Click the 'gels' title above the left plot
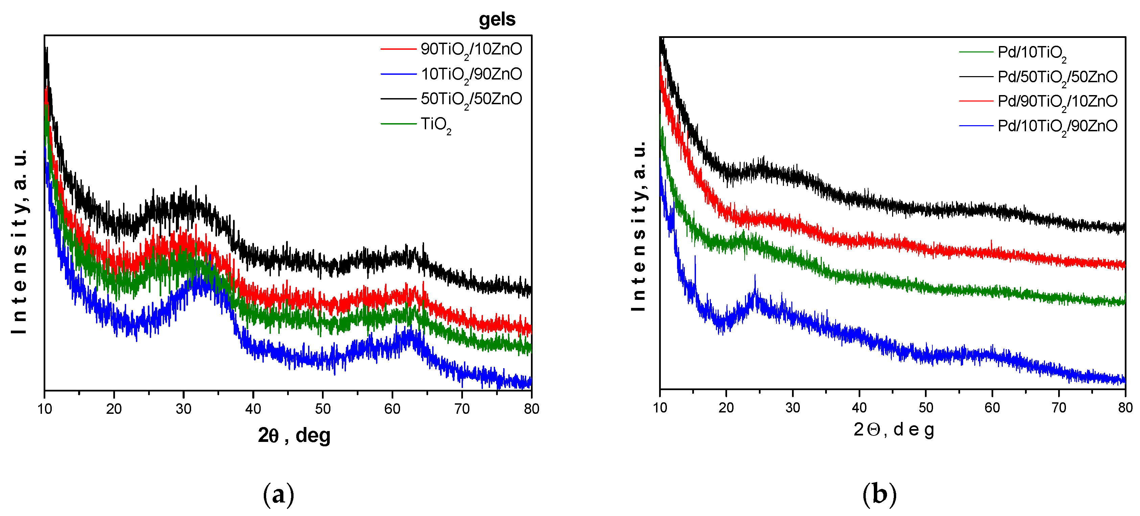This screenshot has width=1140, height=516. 497,20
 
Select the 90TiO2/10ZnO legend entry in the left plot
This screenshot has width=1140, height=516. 471,49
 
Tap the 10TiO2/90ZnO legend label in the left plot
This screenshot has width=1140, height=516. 471,74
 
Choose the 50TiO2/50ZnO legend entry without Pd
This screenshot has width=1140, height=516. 471,99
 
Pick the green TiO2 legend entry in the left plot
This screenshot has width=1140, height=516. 436,124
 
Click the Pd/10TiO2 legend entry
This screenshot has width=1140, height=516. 1031,52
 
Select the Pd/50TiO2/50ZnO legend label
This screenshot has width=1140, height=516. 1057,77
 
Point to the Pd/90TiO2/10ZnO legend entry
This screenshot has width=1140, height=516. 1057,102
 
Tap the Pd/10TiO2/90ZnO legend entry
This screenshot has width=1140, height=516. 1057,126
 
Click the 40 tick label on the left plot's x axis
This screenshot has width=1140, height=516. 253,409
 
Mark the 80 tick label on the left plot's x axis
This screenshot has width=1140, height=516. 531,409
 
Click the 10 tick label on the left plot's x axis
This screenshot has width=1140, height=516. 45,409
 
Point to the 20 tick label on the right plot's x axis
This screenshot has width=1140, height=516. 726,407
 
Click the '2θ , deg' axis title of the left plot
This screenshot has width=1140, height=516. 294,435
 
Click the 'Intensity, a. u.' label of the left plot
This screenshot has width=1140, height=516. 20,241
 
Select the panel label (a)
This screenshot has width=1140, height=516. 278,495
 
